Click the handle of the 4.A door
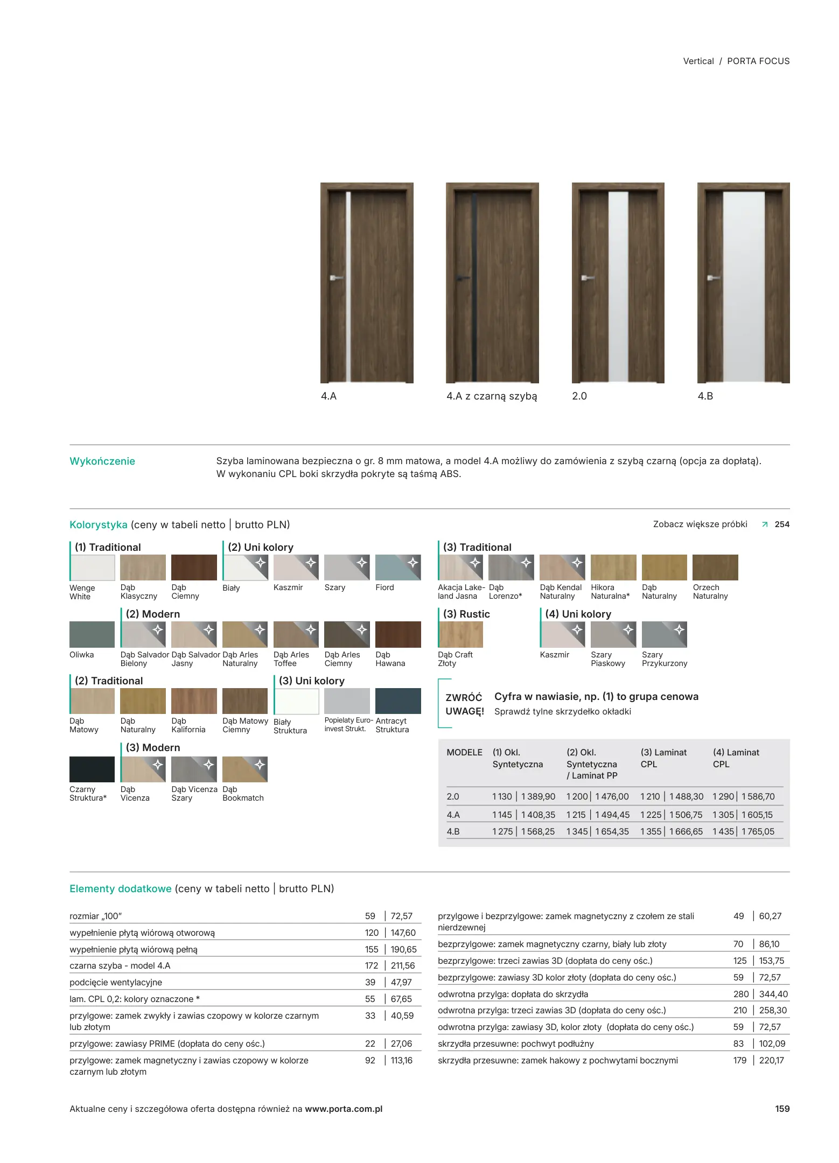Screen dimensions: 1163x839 click(x=336, y=278)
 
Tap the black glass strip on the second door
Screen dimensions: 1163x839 click(x=475, y=285)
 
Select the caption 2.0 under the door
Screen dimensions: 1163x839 click(x=579, y=396)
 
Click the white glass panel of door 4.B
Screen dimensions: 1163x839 click(x=744, y=285)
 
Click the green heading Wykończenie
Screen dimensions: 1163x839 click(x=102, y=461)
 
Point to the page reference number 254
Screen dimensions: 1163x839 click(x=782, y=524)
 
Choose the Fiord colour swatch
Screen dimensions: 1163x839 click(x=398, y=568)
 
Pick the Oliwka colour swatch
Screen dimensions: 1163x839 click(x=92, y=634)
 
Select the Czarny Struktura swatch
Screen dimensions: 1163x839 click(x=92, y=769)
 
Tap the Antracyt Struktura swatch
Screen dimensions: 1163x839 click(x=398, y=701)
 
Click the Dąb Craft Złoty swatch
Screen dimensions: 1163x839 click(x=460, y=634)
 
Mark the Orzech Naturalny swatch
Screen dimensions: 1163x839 click(x=715, y=568)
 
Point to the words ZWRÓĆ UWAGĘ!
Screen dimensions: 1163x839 click(x=464, y=704)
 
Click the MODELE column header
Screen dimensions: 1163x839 click(x=464, y=753)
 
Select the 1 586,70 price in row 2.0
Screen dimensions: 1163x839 click(x=758, y=797)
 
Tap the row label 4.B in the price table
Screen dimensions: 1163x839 click(x=453, y=832)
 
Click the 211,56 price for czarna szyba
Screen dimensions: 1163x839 click(x=403, y=966)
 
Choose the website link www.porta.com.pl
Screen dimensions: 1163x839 click(x=344, y=1109)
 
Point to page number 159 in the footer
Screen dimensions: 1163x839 click(x=782, y=1109)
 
